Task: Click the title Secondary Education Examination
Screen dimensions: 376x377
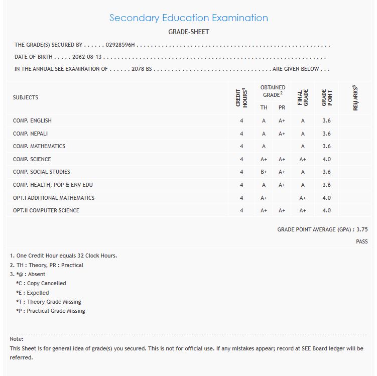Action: pyautogui.click(x=188, y=18)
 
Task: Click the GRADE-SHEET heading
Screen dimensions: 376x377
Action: pyautogui.click(x=188, y=32)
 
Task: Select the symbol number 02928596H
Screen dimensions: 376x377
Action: pyautogui.click(x=120, y=45)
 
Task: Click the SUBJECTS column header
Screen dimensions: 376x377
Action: pyautogui.click(x=26, y=97)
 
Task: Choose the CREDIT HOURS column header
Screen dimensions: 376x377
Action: pyautogui.click(x=241, y=97)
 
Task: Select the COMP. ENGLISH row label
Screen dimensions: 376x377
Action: pyautogui.click(x=32, y=120)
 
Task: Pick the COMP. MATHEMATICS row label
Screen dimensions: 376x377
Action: pyautogui.click(x=39, y=146)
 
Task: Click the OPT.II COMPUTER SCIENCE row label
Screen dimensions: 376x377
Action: pyautogui.click(x=46, y=210)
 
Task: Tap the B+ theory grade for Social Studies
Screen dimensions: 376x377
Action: pyautogui.click(x=264, y=172)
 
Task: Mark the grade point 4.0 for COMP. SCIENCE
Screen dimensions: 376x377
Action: pyautogui.click(x=327, y=159)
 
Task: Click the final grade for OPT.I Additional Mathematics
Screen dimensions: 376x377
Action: pyautogui.click(x=303, y=198)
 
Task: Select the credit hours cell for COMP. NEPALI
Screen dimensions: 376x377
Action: pyautogui.click(x=241, y=134)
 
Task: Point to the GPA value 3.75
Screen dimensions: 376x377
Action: pyautogui.click(x=362, y=229)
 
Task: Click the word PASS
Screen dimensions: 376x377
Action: pyautogui.click(x=361, y=241)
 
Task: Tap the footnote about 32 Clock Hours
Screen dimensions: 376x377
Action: pyautogui.click(x=64, y=256)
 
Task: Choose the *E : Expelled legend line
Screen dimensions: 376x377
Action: pyautogui.click(x=33, y=293)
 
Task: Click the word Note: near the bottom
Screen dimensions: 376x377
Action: pyautogui.click(x=17, y=339)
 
